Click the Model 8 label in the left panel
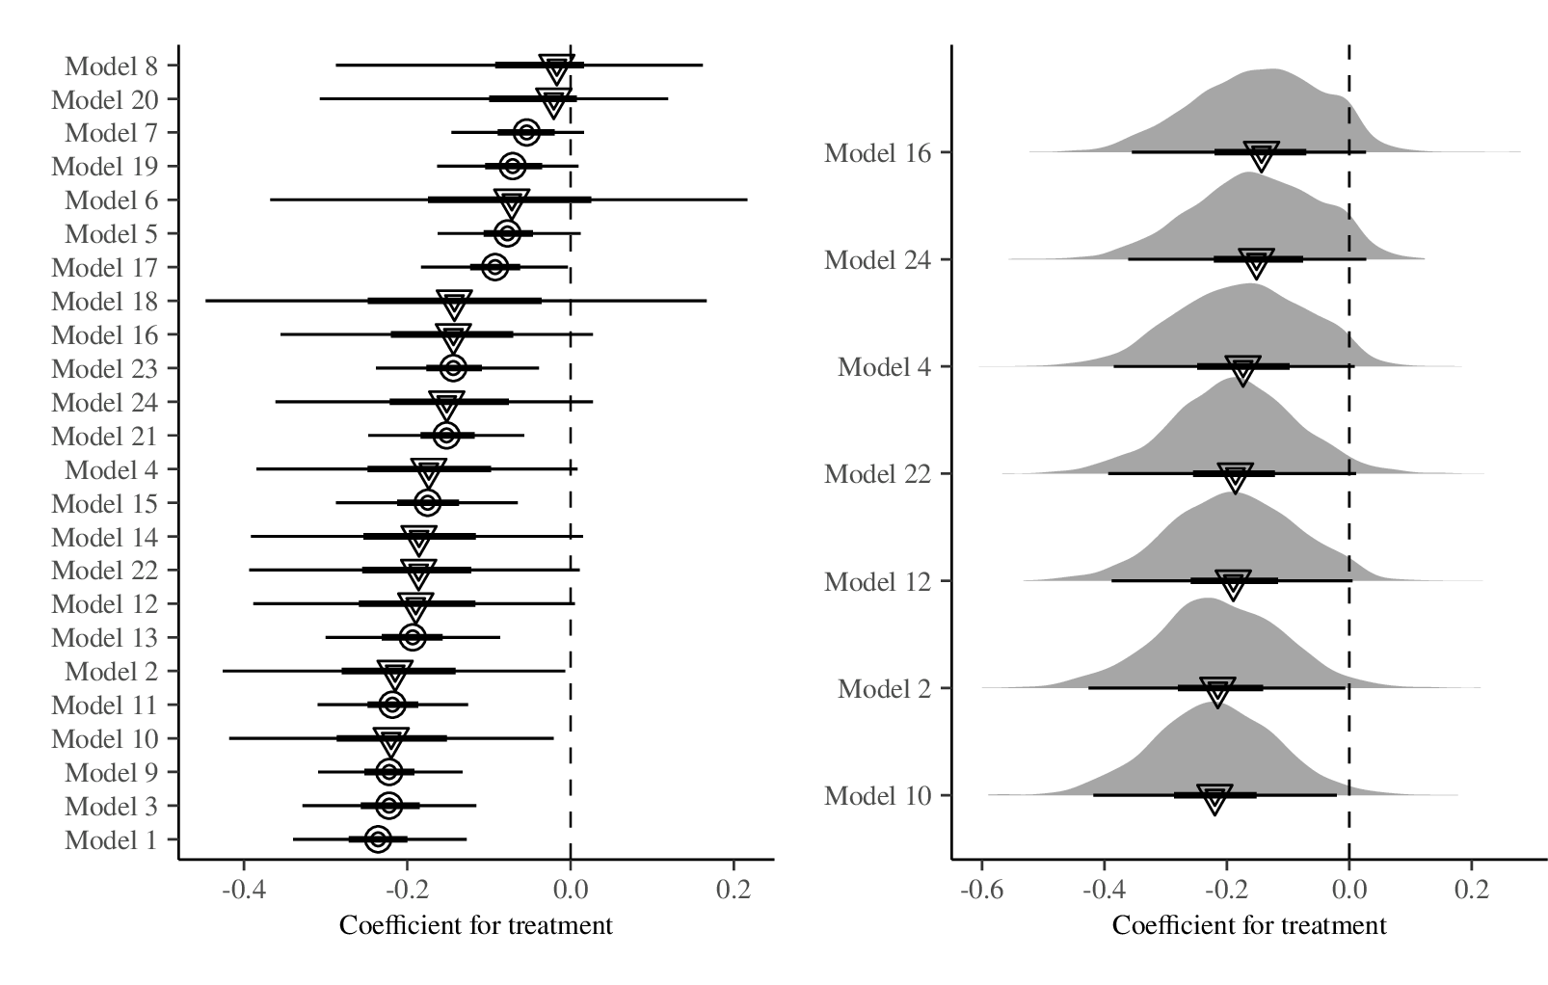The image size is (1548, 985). click(x=111, y=67)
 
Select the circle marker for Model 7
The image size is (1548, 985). click(x=526, y=132)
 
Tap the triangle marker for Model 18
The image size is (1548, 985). click(x=454, y=304)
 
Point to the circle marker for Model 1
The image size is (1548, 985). click(x=378, y=839)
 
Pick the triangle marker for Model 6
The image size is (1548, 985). click(x=512, y=202)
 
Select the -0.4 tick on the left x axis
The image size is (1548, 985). click(x=243, y=888)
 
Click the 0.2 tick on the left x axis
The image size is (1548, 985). click(x=734, y=888)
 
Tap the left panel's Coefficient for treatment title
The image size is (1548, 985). click(x=475, y=925)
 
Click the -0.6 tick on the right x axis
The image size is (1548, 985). click(x=981, y=888)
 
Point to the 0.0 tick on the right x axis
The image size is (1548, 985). click(x=1348, y=888)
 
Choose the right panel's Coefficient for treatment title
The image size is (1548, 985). click(x=1248, y=925)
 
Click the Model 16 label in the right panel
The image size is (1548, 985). click(x=878, y=152)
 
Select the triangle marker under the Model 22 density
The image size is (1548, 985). click(x=1235, y=476)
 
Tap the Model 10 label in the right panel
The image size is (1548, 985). click(x=878, y=796)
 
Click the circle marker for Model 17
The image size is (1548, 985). click(x=495, y=267)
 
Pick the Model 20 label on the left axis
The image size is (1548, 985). click(x=104, y=100)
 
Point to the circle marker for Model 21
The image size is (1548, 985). click(x=445, y=436)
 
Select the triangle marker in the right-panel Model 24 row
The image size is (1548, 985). click(x=1256, y=262)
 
